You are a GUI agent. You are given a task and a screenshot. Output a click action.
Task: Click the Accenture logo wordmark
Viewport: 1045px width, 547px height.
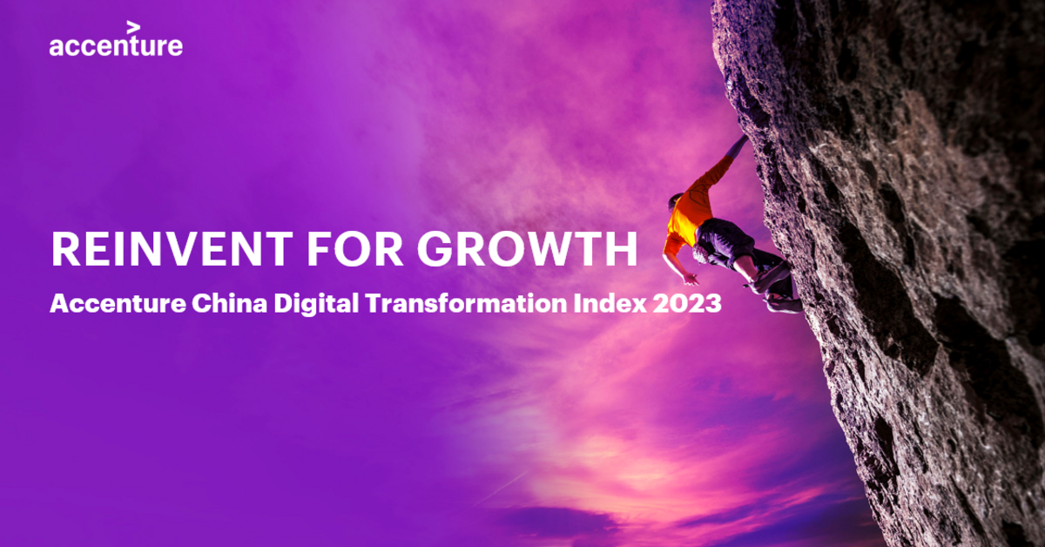pyautogui.click(x=116, y=45)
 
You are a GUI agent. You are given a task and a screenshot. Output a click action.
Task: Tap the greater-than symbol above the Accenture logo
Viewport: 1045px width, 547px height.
pyautogui.click(x=133, y=27)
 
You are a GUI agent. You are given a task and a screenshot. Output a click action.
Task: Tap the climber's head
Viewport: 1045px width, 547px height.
pyautogui.click(x=676, y=201)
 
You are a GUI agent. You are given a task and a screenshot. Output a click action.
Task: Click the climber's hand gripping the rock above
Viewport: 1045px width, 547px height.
pyautogui.click(x=740, y=143)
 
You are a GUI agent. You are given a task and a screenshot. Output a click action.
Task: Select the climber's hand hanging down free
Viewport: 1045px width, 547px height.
pyautogui.click(x=691, y=280)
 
